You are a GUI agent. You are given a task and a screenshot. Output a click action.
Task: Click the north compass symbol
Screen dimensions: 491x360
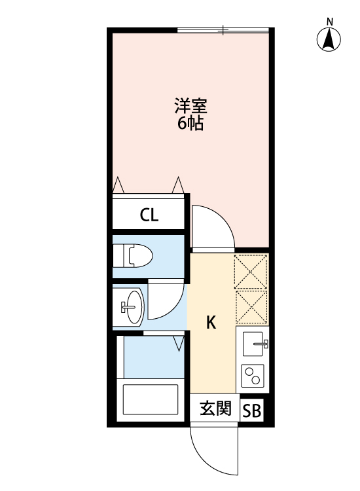click(x=330, y=41)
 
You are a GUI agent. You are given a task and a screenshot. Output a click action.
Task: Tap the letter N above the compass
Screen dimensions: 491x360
click(x=331, y=22)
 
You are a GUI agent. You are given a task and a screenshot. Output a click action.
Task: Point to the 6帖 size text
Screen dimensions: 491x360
click(x=190, y=122)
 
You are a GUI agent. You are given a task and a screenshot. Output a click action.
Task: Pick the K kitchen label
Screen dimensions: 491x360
click(x=211, y=322)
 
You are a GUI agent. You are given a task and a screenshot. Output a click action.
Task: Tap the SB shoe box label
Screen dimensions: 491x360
click(x=252, y=411)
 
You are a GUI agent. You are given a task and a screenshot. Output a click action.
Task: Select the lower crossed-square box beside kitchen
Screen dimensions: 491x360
click(x=251, y=306)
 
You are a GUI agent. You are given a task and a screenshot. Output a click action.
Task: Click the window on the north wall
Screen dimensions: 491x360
click(x=223, y=29)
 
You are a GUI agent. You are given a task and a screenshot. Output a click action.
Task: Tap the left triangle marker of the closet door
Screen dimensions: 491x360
click(x=118, y=185)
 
